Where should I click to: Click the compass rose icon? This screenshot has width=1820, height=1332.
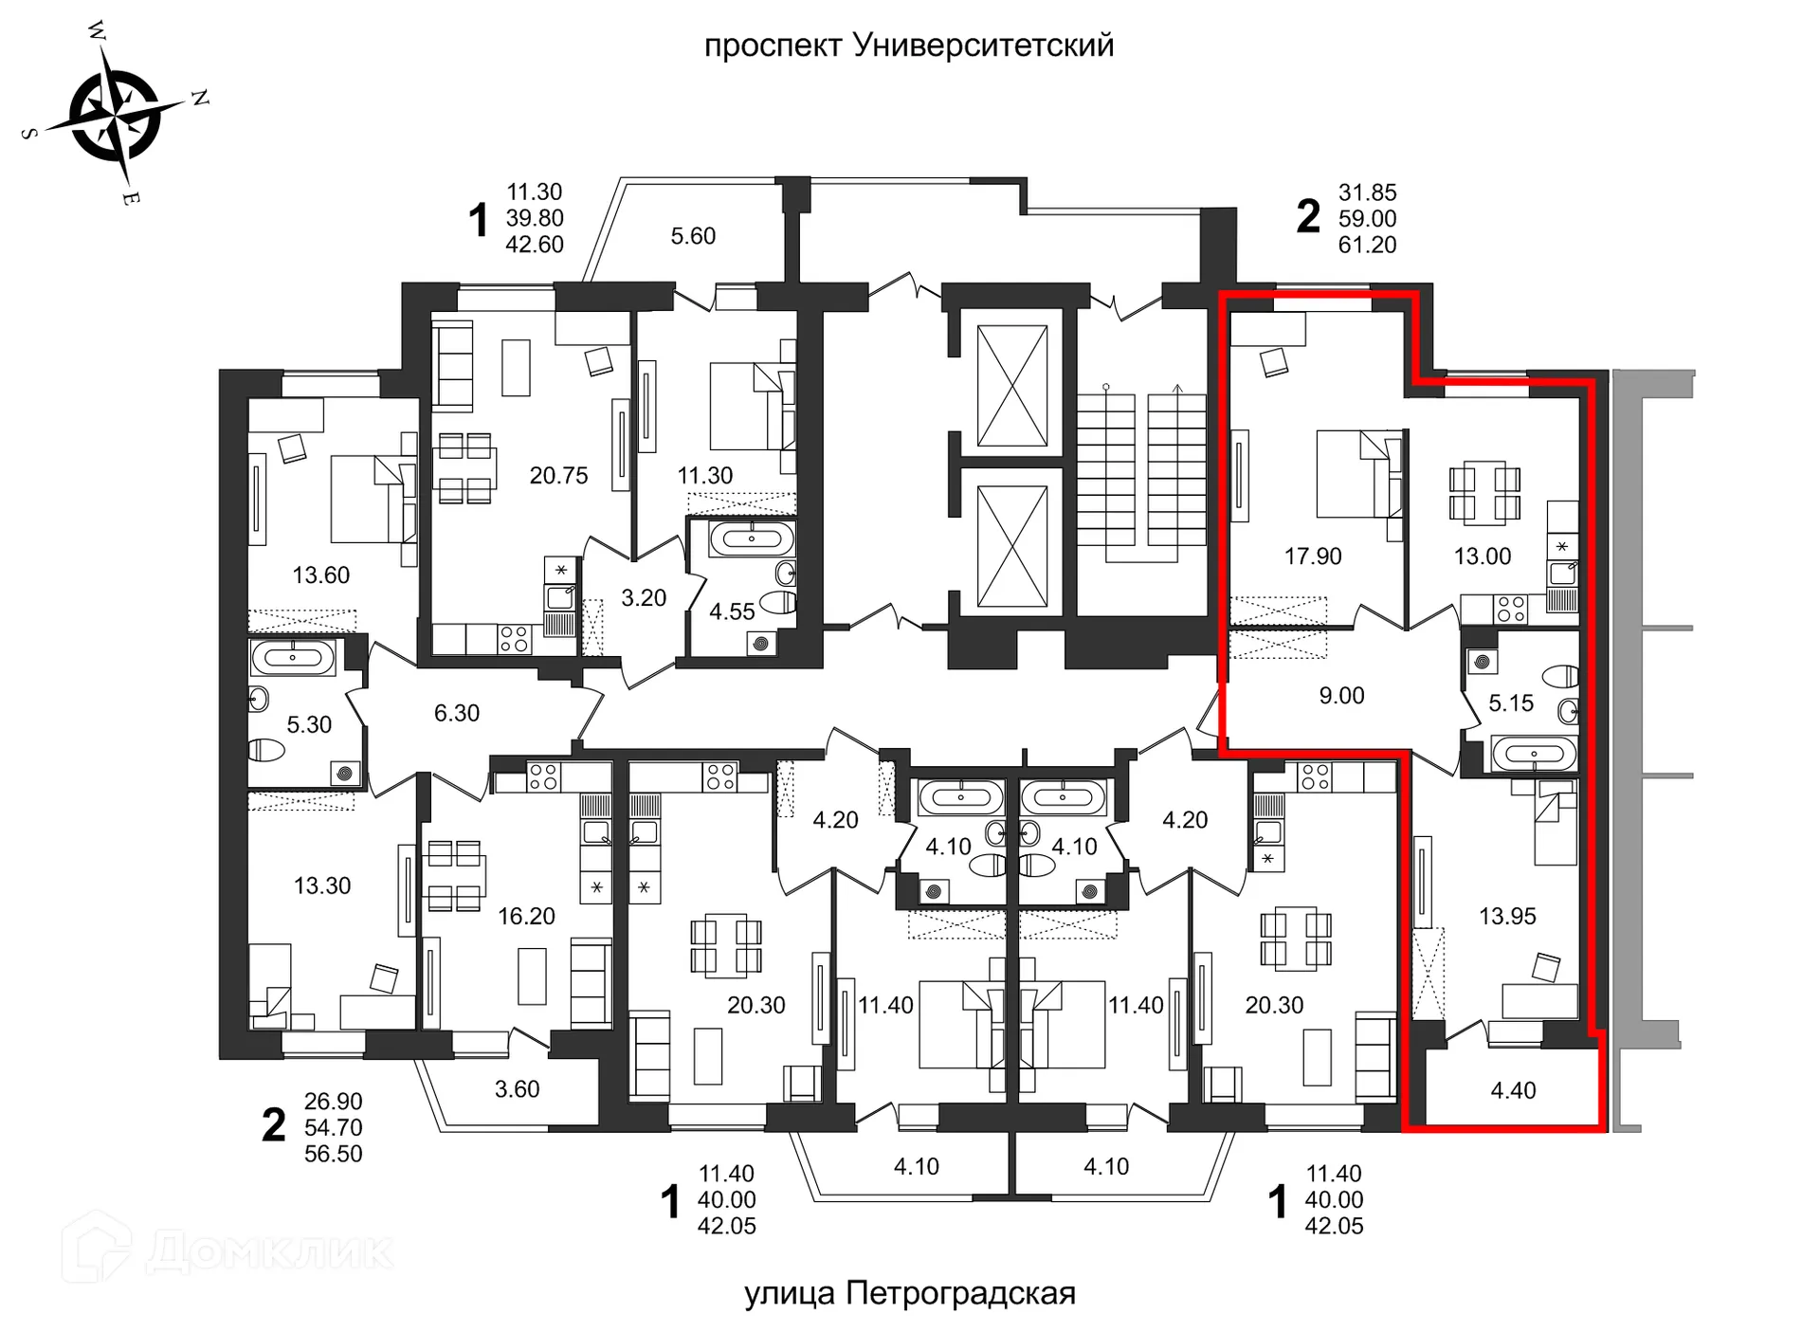point(116,116)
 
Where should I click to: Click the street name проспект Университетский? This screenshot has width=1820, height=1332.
point(908,46)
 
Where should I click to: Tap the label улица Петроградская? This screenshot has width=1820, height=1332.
point(909,1293)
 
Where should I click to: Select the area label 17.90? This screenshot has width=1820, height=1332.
point(1312,557)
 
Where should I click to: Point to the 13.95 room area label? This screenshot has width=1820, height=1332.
point(1507,916)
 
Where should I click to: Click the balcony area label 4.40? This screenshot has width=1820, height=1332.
point(1513,1090)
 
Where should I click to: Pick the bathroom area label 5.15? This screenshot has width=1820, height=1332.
point(1510,703)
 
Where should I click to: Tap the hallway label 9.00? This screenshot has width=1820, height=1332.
point(1341,696)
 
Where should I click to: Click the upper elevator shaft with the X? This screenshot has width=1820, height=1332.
point(1012,385)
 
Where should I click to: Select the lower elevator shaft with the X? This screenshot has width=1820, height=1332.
point(1012,546)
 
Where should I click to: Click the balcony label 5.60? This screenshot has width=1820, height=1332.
point(693,236)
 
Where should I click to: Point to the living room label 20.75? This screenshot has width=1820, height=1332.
point(558,476)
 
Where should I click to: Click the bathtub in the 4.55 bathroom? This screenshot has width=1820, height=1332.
point(752,539)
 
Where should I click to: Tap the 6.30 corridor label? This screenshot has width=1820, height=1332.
point(456,713)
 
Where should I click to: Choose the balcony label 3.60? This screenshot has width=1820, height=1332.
point(517,1089)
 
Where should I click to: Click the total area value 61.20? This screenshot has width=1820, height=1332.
point(1367,245)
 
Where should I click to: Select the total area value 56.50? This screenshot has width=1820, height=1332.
point(333,1154)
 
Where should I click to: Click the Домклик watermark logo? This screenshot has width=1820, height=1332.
point(227,1250)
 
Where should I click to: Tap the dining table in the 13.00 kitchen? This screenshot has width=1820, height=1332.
point(1484,493)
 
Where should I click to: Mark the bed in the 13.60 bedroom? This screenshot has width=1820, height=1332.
point(373,499)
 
